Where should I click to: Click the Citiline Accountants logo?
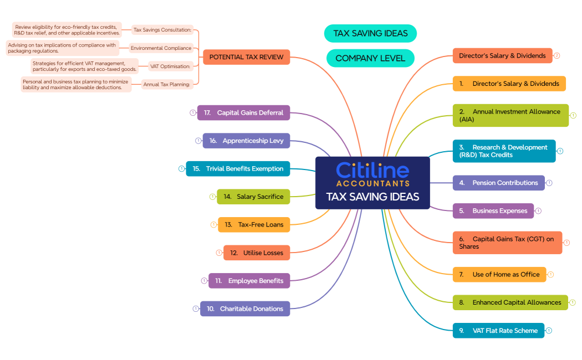pos(372,174)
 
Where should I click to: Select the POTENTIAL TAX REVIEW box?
pos(246,57)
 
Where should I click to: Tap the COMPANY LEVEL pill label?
pos(370,58)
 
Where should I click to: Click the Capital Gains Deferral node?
pos(243,112)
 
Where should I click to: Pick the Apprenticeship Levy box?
pos(246,141)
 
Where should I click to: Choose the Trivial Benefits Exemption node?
pos(238,168)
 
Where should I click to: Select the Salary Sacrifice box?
pos(253,197)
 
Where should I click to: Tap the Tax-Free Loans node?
pos(254,224)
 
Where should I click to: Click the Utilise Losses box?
pos(257,253)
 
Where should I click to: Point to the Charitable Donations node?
pos(245,308)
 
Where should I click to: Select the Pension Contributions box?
pos(498,183)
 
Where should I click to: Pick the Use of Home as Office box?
pos(499,274)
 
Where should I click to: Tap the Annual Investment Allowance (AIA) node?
pos(510,115)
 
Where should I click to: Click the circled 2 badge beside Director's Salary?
pos(557,55)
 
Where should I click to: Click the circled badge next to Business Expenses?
pos(538,210)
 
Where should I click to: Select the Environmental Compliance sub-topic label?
pos(161,48)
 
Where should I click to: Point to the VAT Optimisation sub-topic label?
pos(170,66)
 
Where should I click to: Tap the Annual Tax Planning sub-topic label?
pos(167,85)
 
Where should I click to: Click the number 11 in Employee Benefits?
pos(218,281)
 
